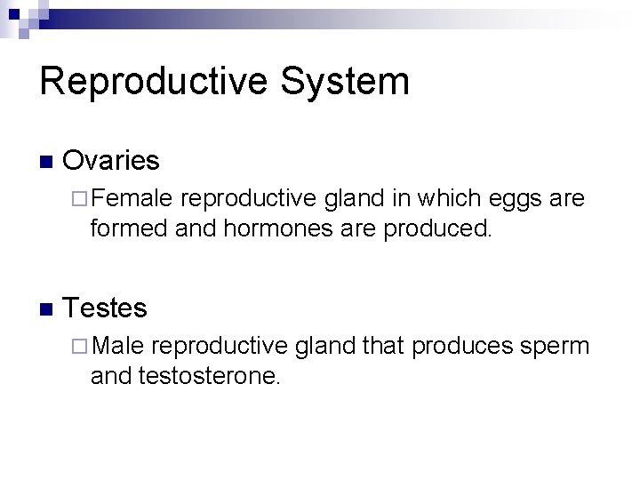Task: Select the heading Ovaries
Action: point(112,161)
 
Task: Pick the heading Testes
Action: point(106,308)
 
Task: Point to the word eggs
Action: point(517,198)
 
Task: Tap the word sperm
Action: point(556,346)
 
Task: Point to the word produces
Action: point(462,346)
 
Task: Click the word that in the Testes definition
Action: point(384,345)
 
